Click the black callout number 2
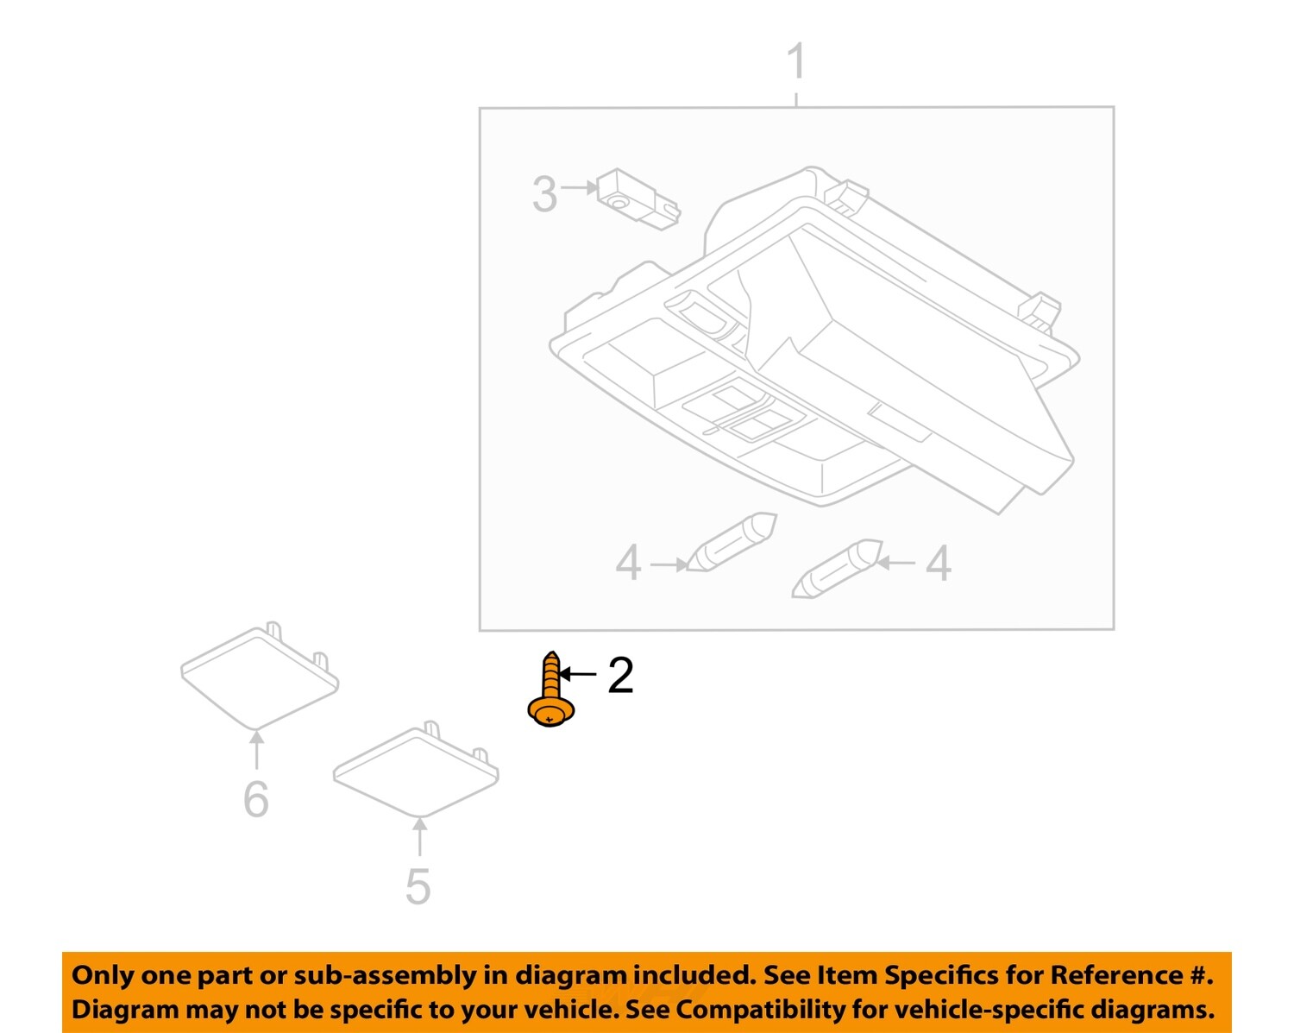[x=620, y=675]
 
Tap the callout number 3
[x=544, y=194]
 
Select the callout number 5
[x=418, y=886]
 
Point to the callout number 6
[x=256, y=799]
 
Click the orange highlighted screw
[x=551, y=690]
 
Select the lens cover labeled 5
[x=416, y=772]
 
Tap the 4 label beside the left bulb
[x=628, y=564]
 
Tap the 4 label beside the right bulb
[x=939, y=564]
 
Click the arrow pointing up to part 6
[x=256, y=749]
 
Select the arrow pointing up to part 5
[x=419, y=837]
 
